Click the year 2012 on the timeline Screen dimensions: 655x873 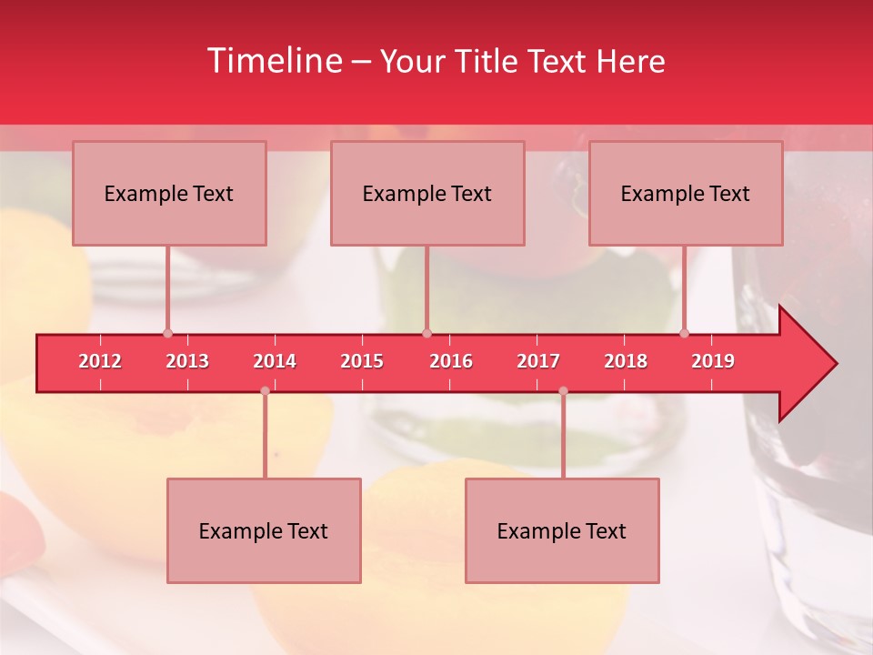tap(100, 361)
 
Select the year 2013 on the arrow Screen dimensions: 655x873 tap(187, 361)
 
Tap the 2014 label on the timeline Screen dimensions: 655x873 tap(275, 361)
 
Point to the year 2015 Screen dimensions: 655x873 tap(362, 361)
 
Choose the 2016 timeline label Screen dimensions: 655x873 tap(451, 361)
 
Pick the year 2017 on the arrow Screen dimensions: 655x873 tap(538, 361)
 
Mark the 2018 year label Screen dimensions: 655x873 tap(626, 361)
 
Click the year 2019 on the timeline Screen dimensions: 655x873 tap(713, 361)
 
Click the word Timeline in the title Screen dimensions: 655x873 tap(273, 61)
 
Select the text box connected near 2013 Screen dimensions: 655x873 tap(169, 193)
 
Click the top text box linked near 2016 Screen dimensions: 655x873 tap(427, 193)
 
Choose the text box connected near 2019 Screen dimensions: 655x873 tap(686, 193)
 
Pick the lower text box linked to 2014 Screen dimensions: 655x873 tap(264, 530)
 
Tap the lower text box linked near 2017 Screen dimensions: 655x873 tap(562, 530)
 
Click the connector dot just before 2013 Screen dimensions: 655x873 tap(167, 333)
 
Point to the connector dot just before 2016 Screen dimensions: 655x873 tap(426, 333)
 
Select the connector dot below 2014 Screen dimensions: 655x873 tap(265, 391)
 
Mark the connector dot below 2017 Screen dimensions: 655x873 tap(563, 391)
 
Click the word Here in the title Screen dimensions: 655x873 tap(630, 61)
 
